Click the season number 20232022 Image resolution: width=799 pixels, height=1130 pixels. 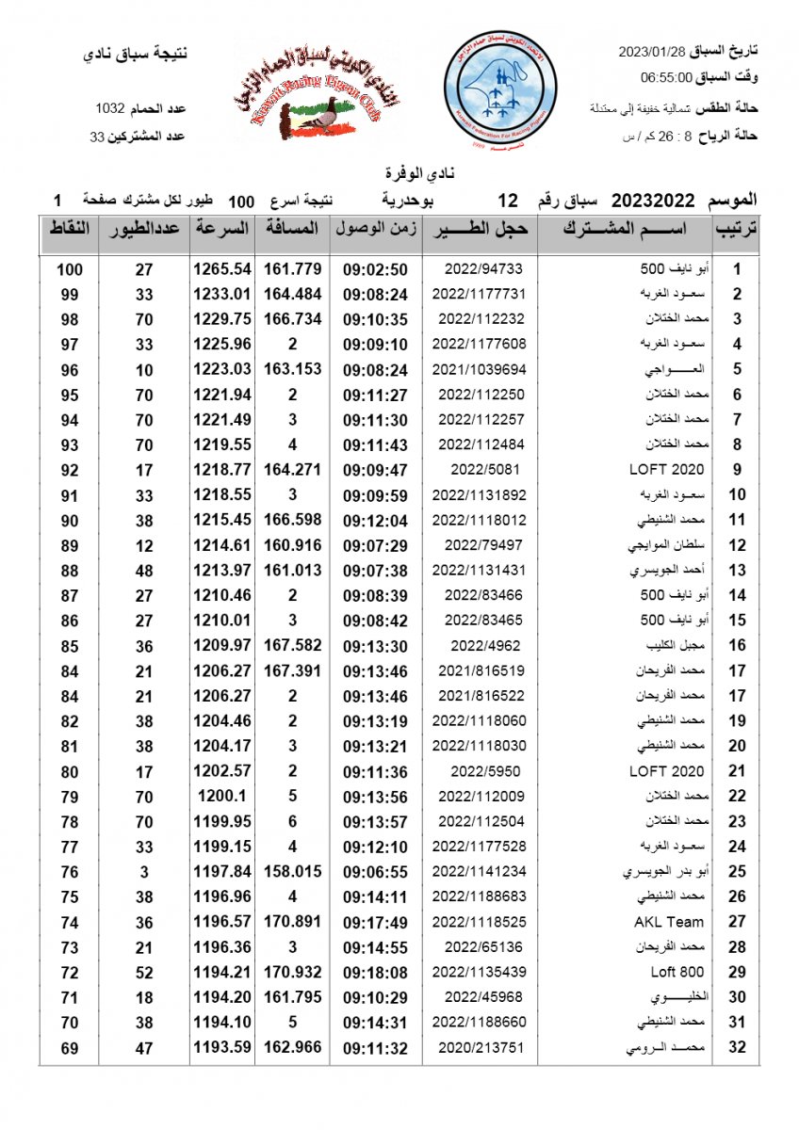tap(653, 200)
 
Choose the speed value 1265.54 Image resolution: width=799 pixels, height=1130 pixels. tap(222, 268)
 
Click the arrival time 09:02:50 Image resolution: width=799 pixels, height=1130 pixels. tap(375, 268)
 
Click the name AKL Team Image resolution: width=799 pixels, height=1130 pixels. tap(669, 922)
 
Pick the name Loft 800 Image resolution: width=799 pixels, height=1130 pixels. tap(677, 972)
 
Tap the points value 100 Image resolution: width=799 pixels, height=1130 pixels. tap(69, 269)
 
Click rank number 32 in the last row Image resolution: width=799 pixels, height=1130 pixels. tap(737, 1047)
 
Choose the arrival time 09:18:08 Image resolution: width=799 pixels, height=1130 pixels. tap(375, 972)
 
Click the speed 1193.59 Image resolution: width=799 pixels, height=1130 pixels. tap(222, 1047)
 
